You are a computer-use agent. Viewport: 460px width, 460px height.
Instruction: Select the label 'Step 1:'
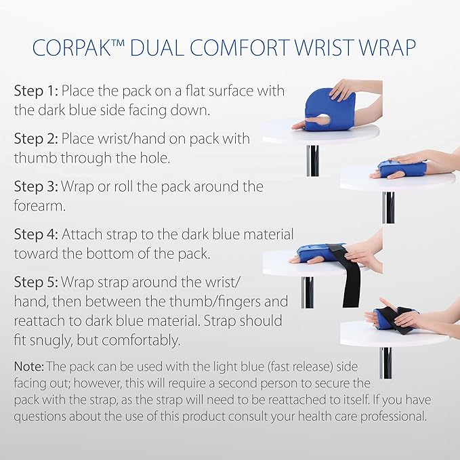(36, 91)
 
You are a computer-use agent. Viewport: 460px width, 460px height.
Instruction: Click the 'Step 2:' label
(36, 139)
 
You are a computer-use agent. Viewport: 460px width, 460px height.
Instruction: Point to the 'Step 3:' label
(36, 186)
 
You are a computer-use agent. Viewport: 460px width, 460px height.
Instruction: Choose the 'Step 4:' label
(36, 234)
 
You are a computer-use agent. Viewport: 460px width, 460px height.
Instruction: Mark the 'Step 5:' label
(36, 281)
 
